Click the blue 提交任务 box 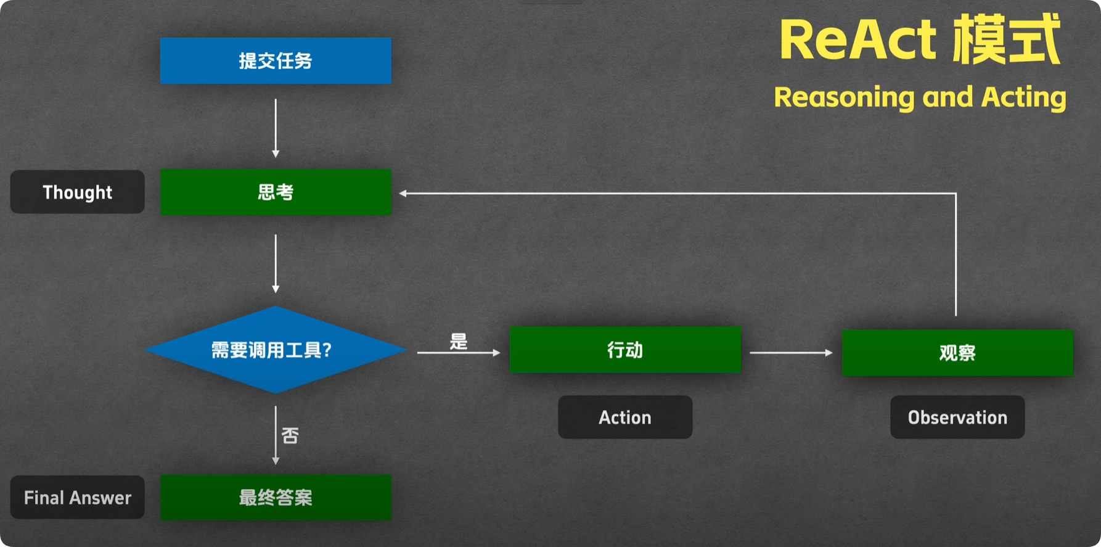click(x=276, y=61)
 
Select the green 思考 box click(x=276, y=192)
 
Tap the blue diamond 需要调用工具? click(x=275, y=350)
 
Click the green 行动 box click(x=625, y=350)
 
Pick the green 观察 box click(x=957, y=353)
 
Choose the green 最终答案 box click(x=276, y=497)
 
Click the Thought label click(x=78, y=192)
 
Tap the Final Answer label click(x=78, y=497)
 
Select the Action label click(x=625, y=417)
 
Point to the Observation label click(x=957, y=417)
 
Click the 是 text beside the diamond click(x=459, y=341)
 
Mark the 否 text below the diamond click(x=290, y=435)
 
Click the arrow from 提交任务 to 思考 click(x=276, y=128)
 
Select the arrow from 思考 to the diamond click(x=276, y=263)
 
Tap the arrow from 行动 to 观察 click(x=791, y=353)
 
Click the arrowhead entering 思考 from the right click(x=403, y=194)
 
